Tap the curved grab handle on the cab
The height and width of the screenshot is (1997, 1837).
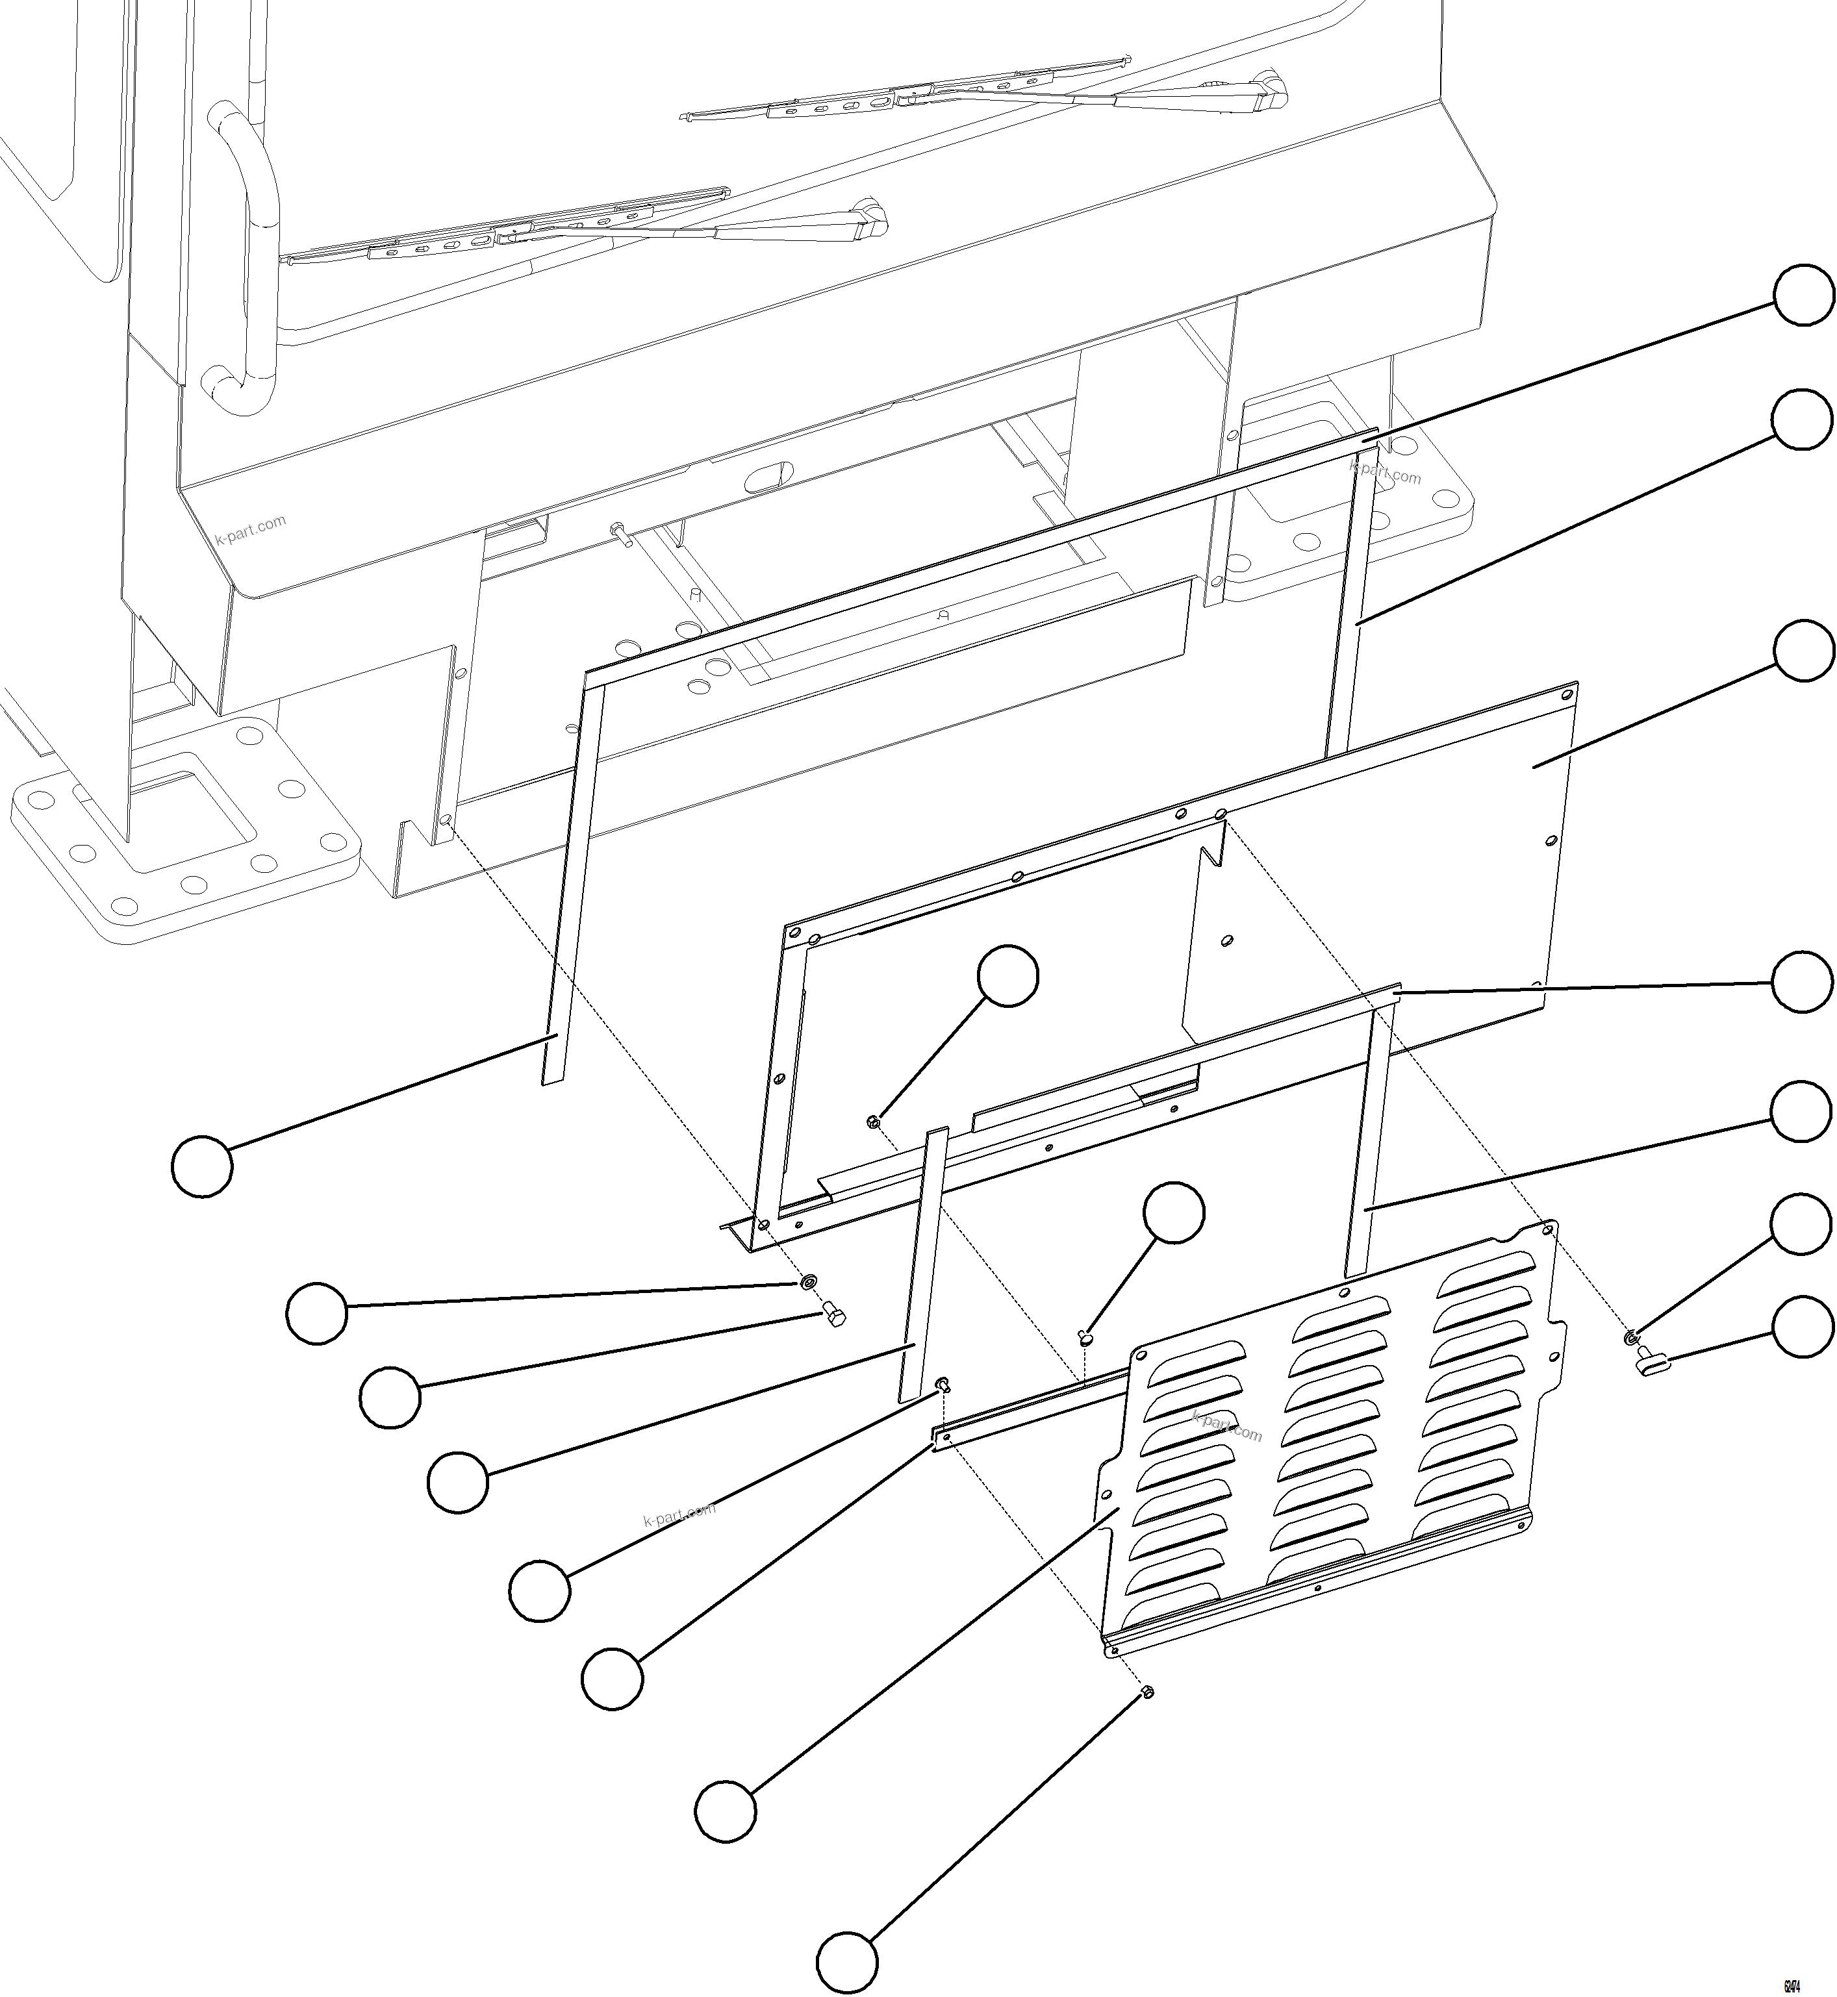click(244, 249)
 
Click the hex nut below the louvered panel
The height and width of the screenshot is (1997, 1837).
click(1146, 1692)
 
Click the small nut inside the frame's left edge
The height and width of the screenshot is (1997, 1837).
click(872, 1122)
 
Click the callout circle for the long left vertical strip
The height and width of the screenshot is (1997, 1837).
click(202, 1165)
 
